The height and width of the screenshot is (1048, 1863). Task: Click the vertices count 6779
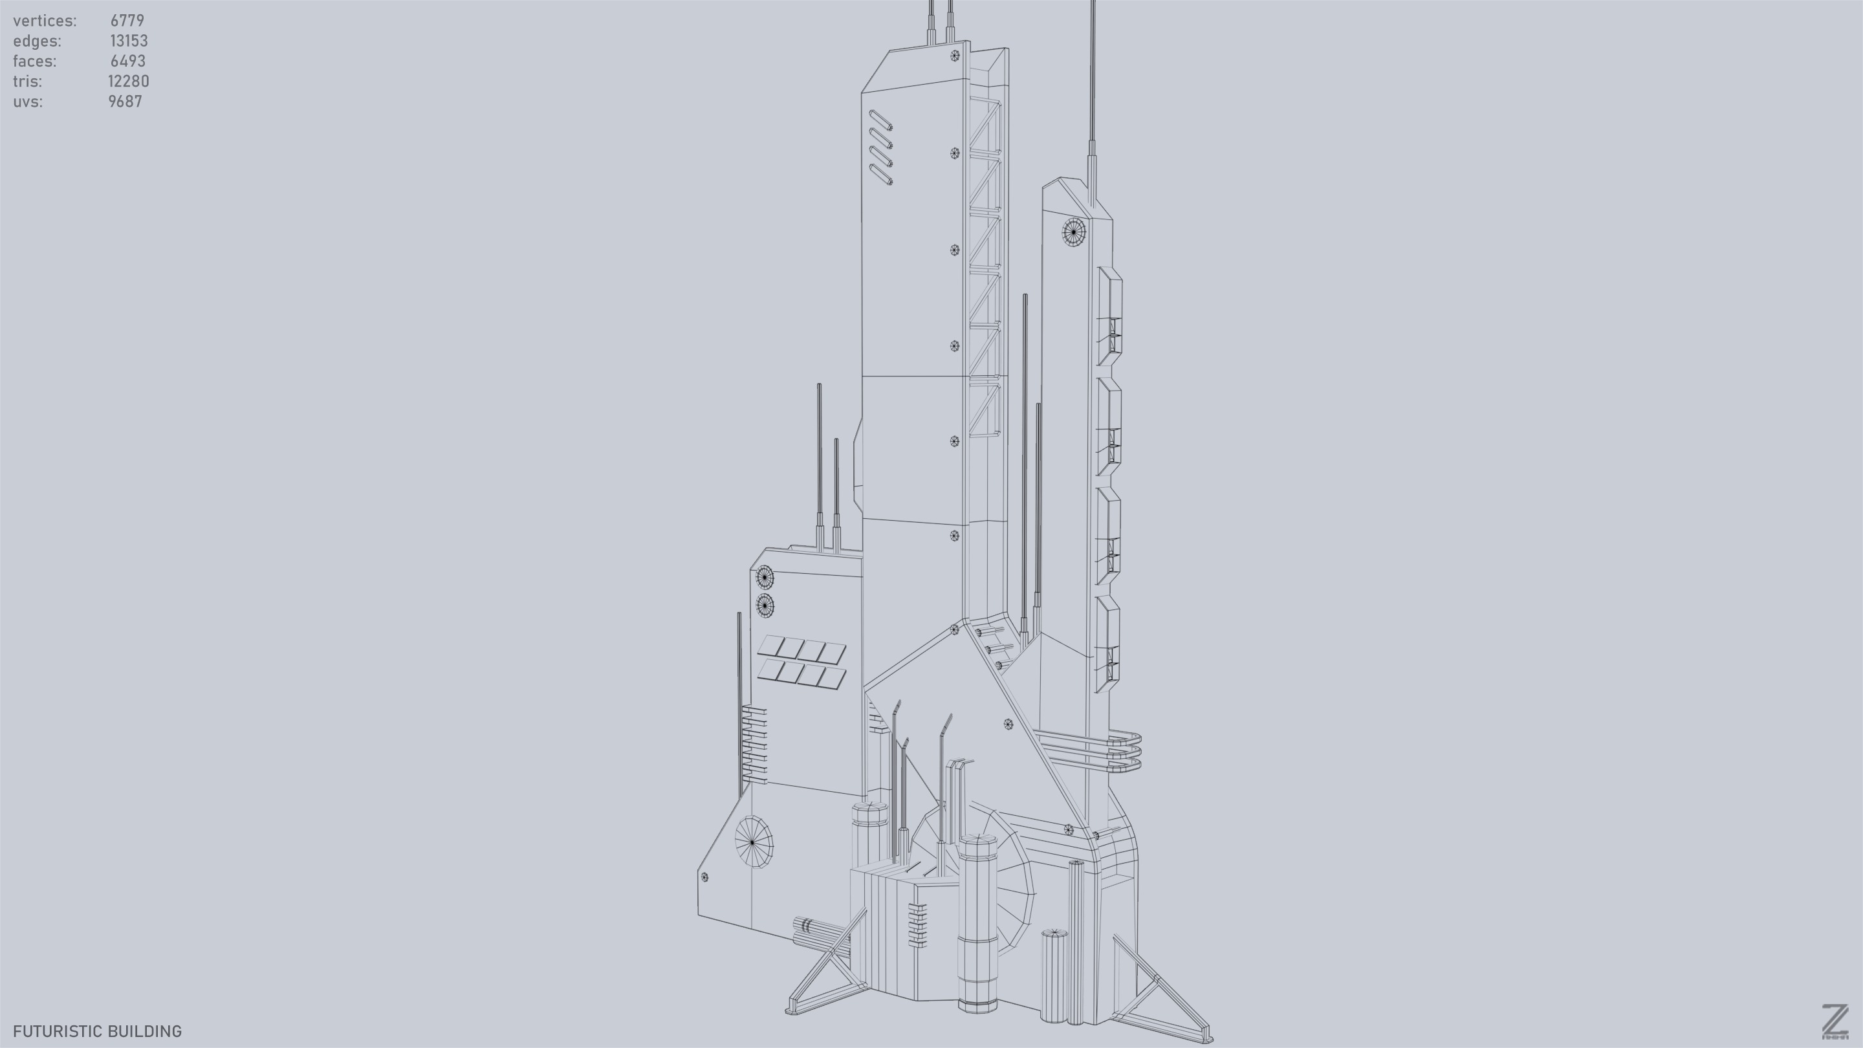127,21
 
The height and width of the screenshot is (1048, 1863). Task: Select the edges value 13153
129,41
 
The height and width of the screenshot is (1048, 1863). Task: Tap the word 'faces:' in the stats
34,61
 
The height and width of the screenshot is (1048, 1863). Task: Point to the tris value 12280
128,82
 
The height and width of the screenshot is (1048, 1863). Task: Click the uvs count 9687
125,102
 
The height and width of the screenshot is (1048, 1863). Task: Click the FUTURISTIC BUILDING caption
97,1031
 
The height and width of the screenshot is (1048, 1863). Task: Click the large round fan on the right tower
1074,232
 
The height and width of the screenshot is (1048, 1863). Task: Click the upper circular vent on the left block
765,578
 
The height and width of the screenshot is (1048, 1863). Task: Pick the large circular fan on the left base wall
754,842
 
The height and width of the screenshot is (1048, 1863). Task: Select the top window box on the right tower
1109,316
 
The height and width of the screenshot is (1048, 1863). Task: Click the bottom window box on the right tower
1107,644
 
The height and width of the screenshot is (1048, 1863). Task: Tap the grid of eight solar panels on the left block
801,662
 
